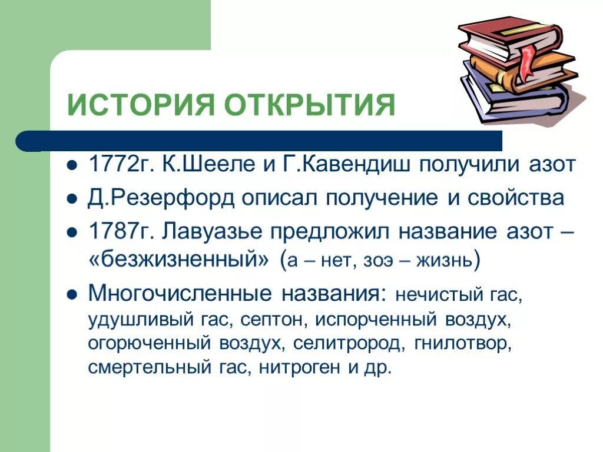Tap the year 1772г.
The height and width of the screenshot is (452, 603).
coord(112,165)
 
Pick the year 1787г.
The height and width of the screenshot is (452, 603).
coord(112,231)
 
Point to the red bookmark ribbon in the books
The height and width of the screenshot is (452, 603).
coord(526,58)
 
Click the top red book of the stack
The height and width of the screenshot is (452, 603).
coord(506,35)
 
